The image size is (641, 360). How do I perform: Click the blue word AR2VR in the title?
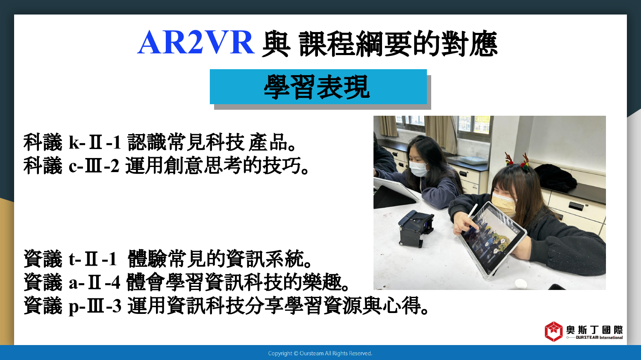pyautogui.click(x=196, y=43)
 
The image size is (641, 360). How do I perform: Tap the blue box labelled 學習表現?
pyautogui.click(x=318, y=87)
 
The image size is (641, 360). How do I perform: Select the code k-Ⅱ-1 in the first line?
pyautogui.click(x=95, y=142)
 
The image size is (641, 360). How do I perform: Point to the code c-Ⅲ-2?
pyautogui.click(x=94, y=166)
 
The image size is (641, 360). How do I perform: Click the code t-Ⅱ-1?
pyautogui.click(x=93, y=259)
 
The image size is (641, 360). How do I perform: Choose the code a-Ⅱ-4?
pyautogui.click(x=94, y=283)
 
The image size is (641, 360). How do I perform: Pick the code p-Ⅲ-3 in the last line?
pyautogui.click(x=95, y=306)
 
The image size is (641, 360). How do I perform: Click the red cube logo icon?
pyautogui.click(x=553, y=332)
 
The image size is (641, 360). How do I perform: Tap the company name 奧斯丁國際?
pyautogui.click(x=595, y=330)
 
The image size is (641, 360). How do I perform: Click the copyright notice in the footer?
pyautogui.click(x=320, y=354)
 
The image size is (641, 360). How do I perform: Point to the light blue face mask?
pyautogui.click(x=418, y=169)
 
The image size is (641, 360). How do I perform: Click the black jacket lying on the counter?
pyautogui.click(x=555, y=177)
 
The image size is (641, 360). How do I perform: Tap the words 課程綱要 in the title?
pyautogui.click(x=356, y=44)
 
